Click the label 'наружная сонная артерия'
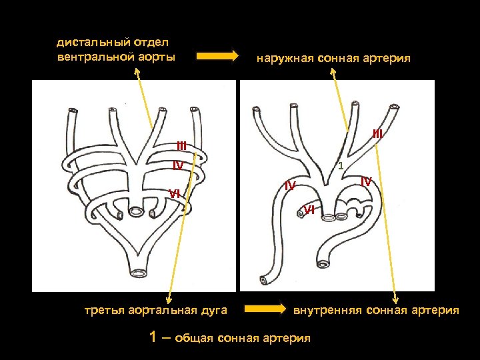(x=333, y=59)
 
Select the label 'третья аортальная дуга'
(x=156, y=310)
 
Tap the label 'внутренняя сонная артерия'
(x=376, y=310)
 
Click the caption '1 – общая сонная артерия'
(x=231, y=337)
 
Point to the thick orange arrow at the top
(x=217, y=56)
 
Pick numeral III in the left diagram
(x=181, y=146)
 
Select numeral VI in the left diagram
(x=174, y=193)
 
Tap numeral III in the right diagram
(x=377, y=134)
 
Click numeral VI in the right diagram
(x=309, y=210)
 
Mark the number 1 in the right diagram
(x=340, y=165)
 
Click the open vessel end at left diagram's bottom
(x=140, y=273)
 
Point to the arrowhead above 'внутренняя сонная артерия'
(x=397, y=299)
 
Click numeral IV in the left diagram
(x=178, y=165)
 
